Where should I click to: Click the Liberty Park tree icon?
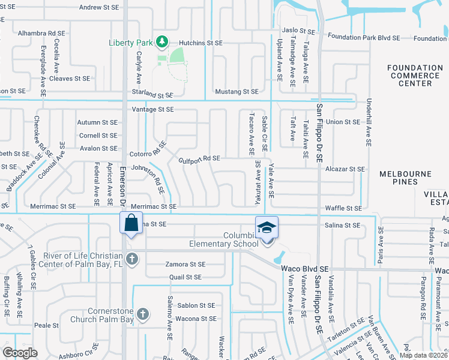(161, 42)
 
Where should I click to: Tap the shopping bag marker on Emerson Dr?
(130, 223)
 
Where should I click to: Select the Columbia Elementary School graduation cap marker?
(267, 227)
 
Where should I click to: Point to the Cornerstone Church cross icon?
(142, 313)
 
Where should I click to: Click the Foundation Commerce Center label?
(414, 76)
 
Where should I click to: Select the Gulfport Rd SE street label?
(199, 158)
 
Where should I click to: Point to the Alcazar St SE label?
(345, 169)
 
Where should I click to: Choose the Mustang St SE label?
(237, 91)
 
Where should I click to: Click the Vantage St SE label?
(152, 109)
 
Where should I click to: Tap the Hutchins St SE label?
(201, 43)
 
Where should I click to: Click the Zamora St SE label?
(185, 264)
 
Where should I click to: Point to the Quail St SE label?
(185, 277)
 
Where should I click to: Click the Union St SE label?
(342, 122)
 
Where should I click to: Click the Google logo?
(20, 352)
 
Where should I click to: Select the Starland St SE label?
(152, 95)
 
